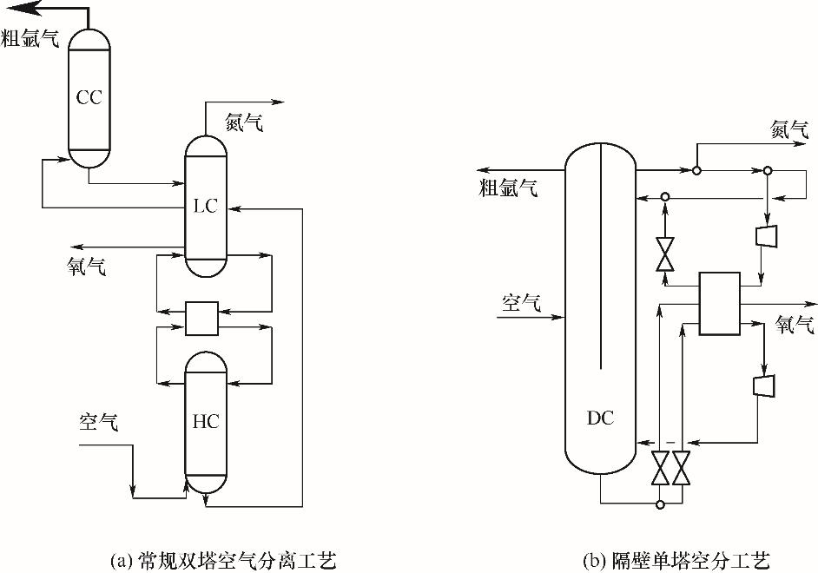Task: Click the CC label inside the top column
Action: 89,97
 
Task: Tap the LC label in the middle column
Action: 205,206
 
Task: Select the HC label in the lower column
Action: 205,423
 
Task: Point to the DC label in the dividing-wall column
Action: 600,418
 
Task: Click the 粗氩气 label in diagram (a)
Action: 30,38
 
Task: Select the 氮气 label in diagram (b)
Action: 790,130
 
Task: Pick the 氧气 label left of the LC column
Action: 87,267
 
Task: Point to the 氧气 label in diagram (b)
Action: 795,326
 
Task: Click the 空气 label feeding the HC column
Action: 99,423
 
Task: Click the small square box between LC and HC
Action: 201,318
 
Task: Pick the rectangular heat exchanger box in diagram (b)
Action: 720,304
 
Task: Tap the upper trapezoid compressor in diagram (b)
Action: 766,235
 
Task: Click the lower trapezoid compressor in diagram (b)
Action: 765,385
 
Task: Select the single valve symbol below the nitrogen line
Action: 665,254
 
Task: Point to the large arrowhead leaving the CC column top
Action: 20,9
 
